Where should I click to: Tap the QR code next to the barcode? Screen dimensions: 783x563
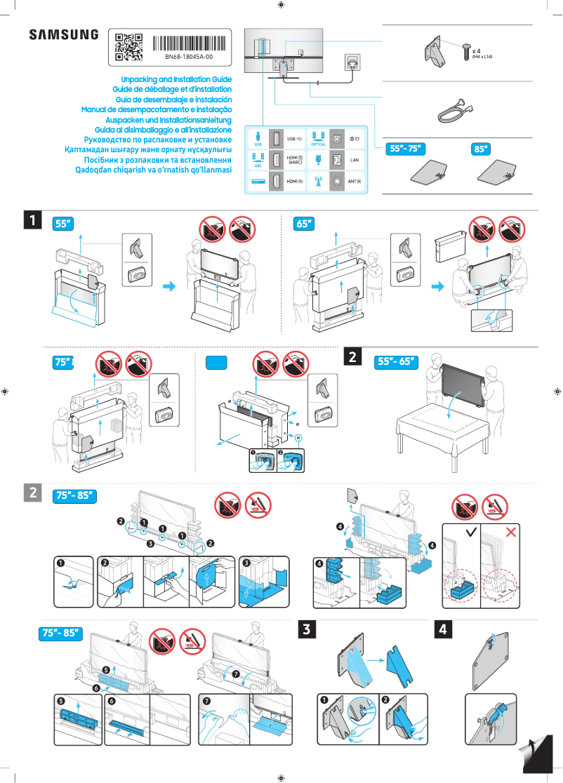[x=128, y=46]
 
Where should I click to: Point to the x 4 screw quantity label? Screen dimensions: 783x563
[x=477, y=51]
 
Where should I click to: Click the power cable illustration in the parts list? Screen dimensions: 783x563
[x=453, y=109]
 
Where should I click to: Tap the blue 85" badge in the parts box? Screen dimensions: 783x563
[x=481, y=149]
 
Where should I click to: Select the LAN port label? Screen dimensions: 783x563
[x=355, y=160]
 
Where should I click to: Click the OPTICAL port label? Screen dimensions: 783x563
[x=318, y=145]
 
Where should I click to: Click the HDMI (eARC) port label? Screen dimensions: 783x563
[x=295, y=160]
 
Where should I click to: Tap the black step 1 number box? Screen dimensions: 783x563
[x=32, y=220]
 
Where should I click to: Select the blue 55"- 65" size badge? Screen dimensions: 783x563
[x=397, y=362]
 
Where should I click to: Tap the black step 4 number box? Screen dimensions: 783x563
[x=443, y=630]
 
